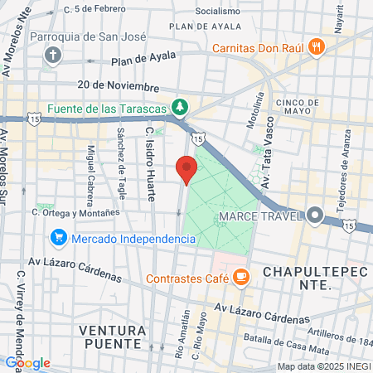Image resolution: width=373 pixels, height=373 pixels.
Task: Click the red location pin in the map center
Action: pos(186,168)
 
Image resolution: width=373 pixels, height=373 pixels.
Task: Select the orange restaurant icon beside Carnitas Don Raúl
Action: pos(315,48)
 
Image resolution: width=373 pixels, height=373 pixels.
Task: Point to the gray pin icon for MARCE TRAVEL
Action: pos(315,216)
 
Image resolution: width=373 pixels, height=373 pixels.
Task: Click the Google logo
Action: pos(27,363)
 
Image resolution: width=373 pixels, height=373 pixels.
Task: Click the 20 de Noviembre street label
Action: pos(119,85)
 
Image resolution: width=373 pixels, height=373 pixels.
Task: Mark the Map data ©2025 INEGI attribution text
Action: pos(323,366)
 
